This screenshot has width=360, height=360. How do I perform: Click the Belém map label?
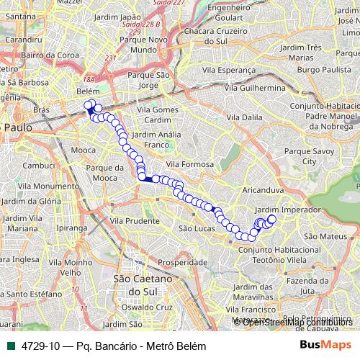(x=86, y=92)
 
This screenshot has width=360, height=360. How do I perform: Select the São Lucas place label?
(x=192, y=228)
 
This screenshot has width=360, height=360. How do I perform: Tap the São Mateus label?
(x=321, y=235)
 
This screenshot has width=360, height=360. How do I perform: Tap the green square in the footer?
(x=8, y=346)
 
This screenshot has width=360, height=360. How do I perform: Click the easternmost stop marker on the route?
(x=272, y=219)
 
